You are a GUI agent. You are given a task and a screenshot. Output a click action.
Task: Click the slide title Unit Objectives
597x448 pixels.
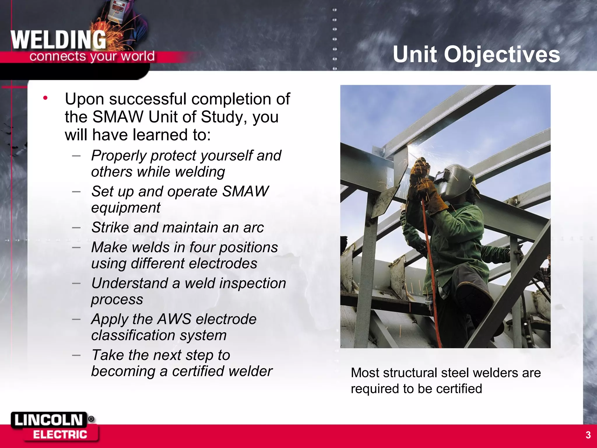[x=476, y=54]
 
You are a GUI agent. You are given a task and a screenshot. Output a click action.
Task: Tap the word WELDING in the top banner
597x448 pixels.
[x=58, y=40]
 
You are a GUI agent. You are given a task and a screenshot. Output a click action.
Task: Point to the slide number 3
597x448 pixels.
[x=588, y=435]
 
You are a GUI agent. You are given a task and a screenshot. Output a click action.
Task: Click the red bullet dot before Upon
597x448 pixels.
[x=45, y=98]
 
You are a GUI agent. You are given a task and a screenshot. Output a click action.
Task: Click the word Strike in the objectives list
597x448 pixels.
[x=110, y=227]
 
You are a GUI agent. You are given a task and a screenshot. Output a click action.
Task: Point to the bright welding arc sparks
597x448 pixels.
[x=414, y=148]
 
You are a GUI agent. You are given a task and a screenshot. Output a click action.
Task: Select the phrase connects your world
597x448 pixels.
[x=92, y=56]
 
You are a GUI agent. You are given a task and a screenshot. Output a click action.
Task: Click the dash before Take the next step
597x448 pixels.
[x=76, y=355]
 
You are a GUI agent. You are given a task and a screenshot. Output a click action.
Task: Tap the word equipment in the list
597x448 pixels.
[x=126, y=208]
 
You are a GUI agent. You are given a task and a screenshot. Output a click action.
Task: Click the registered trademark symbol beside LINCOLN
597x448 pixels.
[x=91, y=419]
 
